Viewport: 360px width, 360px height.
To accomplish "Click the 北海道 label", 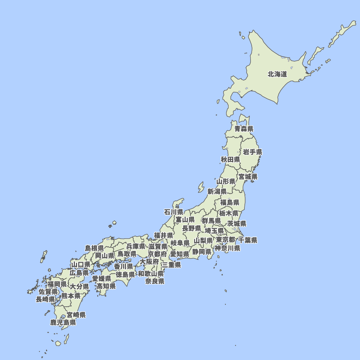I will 277,75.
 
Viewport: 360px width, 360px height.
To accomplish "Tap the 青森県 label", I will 244,129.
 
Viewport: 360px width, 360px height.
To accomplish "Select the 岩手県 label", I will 252,152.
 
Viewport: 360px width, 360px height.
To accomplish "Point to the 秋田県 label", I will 230,159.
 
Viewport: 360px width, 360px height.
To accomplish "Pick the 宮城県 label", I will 248,177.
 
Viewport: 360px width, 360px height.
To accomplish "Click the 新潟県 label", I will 217,192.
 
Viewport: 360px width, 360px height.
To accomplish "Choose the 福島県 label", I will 230,203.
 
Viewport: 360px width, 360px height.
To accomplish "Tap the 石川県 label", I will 174,212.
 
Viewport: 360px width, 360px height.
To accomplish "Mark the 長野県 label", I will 192,228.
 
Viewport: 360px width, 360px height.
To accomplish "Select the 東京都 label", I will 226,240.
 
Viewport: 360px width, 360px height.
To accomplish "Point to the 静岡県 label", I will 202,252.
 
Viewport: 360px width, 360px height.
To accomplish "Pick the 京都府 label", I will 157,254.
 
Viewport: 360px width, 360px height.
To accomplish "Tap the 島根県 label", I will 94,248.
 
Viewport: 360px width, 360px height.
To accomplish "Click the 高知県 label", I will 106,286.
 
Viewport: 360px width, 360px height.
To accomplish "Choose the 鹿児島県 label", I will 63,323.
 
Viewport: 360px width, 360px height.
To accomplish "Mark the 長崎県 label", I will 45,299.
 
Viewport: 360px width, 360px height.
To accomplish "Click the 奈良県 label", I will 155,281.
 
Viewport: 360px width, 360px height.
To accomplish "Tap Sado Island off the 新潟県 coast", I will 201,187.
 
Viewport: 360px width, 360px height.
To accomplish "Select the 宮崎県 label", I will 76,315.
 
